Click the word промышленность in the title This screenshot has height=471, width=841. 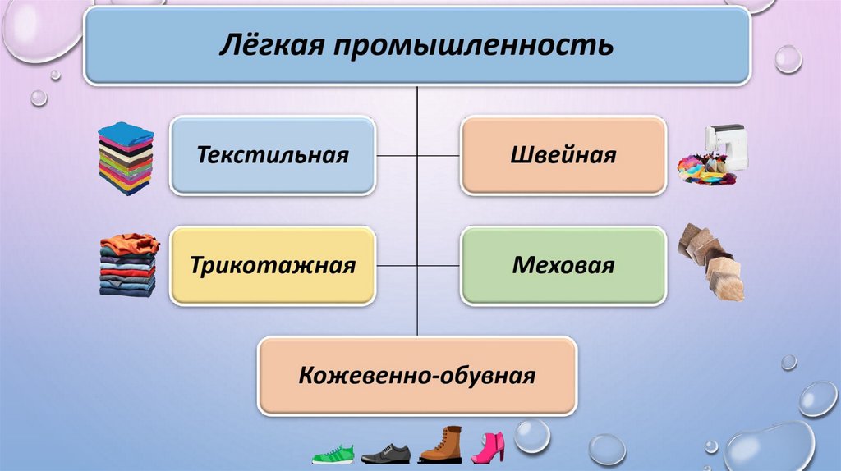tap(471, 46)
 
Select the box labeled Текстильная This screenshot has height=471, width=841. tap(273, 155)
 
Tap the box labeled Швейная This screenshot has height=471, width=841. tap(563, 155)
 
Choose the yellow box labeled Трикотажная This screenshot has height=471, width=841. tap(273, 266)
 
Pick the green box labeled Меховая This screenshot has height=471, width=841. tap(563, 266)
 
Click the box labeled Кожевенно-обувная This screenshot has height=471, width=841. tap(417, 377)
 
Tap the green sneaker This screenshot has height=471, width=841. tap(333, 454)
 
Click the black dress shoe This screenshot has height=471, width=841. tap(385, 453)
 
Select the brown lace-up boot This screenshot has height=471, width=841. tap(441, 446)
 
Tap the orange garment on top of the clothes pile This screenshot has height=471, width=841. tap(131, 243)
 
